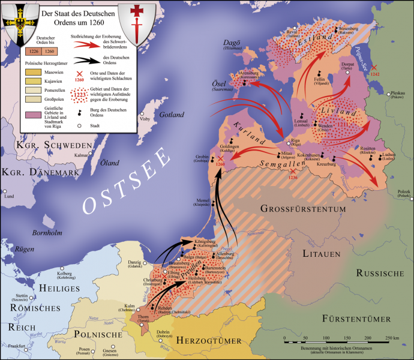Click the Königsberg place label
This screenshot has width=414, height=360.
[206, 244]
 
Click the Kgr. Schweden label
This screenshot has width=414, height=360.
[47, 146]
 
